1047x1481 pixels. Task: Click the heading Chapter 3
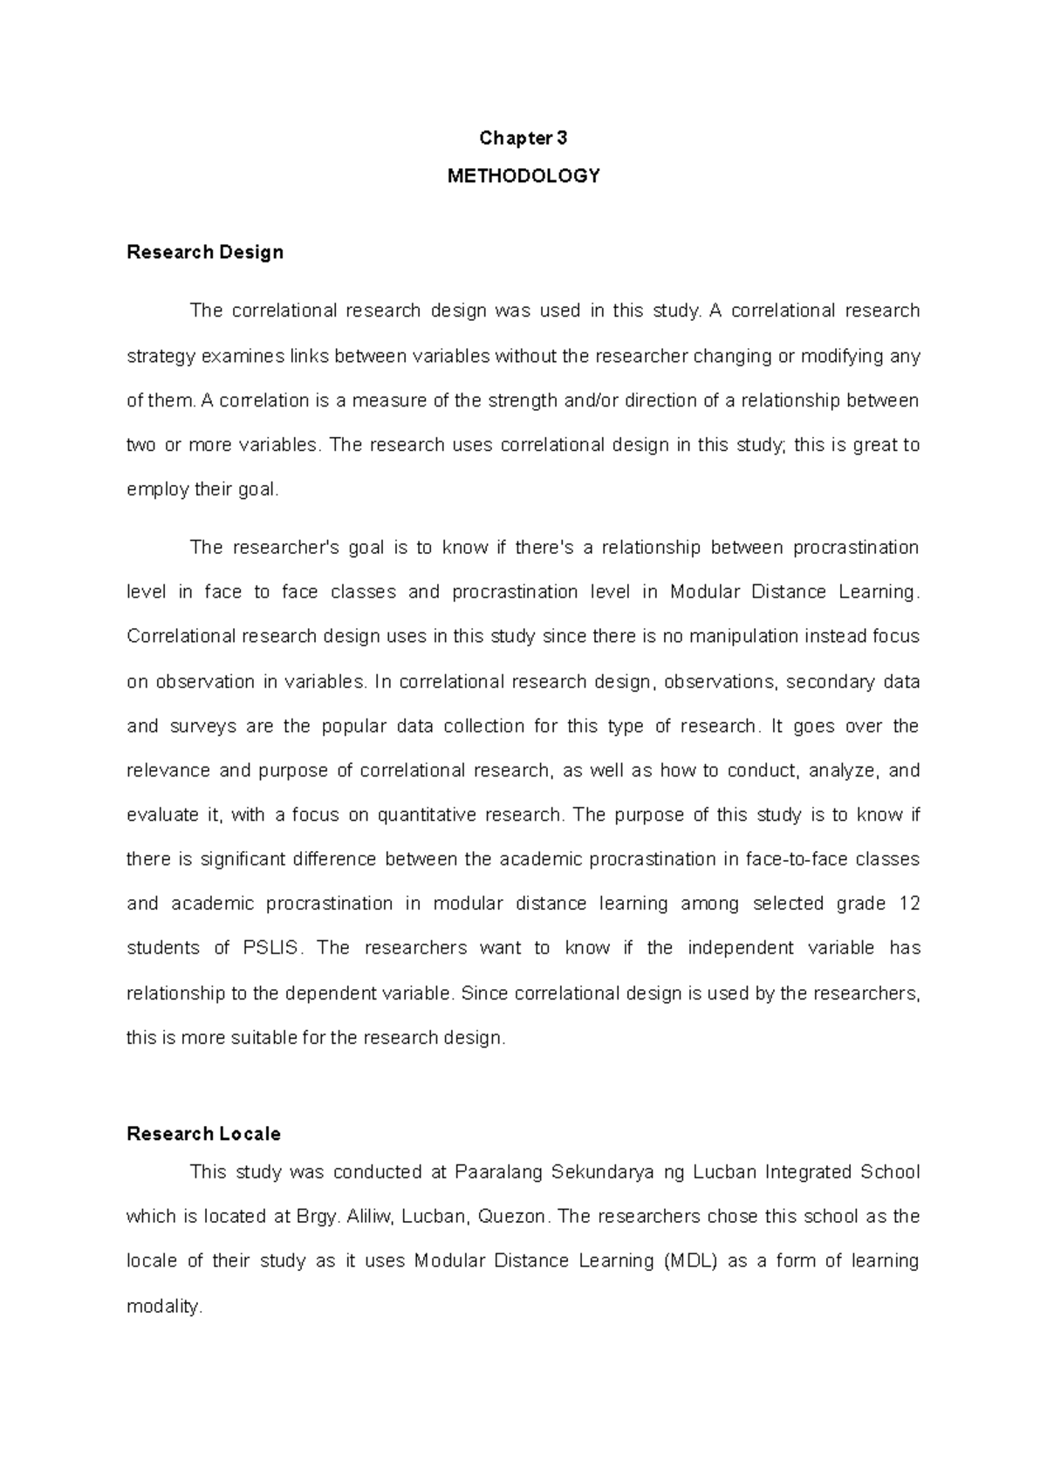click(523, 138)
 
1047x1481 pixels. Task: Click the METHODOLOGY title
click(523, 176)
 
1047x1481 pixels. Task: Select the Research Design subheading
click(205, 252)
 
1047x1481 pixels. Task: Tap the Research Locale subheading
click(203, 1134)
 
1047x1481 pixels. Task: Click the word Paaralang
click(497, 1172)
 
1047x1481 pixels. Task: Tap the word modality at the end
click(164, 1307)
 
